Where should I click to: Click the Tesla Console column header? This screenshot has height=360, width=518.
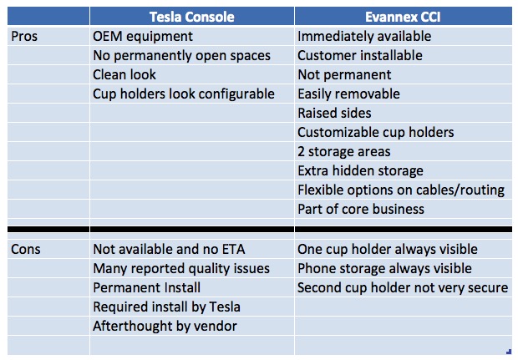coord(191,17)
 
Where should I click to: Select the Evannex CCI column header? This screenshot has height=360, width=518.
coord(403,17)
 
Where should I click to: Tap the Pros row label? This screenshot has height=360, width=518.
coord(24,36)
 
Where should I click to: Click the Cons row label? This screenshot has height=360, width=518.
coord(25,249)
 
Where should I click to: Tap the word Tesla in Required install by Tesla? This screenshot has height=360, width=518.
coord(225,307)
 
